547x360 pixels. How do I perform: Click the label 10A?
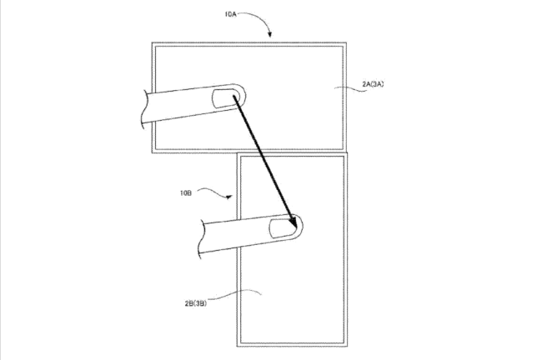pos(231,14)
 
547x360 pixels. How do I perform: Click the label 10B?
pos(186,193)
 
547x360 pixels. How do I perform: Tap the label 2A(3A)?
pos(373,84)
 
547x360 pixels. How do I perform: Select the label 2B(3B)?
pos(196,303)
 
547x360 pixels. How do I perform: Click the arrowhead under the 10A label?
pos(269,34)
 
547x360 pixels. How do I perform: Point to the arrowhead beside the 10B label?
pos(228,197)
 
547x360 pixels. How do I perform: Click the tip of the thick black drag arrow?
pos(296,227)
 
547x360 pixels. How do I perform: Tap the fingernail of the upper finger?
pos(226,98)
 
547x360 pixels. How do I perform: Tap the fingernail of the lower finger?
pos(284,229)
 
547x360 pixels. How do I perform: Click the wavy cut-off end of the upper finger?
pos(144,109)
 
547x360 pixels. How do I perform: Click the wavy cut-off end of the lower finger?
pos(201,239)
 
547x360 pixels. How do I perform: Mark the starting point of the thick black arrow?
pos(233,96)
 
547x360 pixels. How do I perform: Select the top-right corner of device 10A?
pos(346,42)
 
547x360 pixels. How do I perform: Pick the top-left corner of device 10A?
pos(152,42)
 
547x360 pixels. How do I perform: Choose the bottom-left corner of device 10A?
pos(152,152)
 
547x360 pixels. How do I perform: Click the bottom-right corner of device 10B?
pos(347,346)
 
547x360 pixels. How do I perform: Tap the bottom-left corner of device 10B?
pos(237,346)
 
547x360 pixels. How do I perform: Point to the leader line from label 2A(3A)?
pos(350,88)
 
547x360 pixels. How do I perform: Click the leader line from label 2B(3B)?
pos(235,293)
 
